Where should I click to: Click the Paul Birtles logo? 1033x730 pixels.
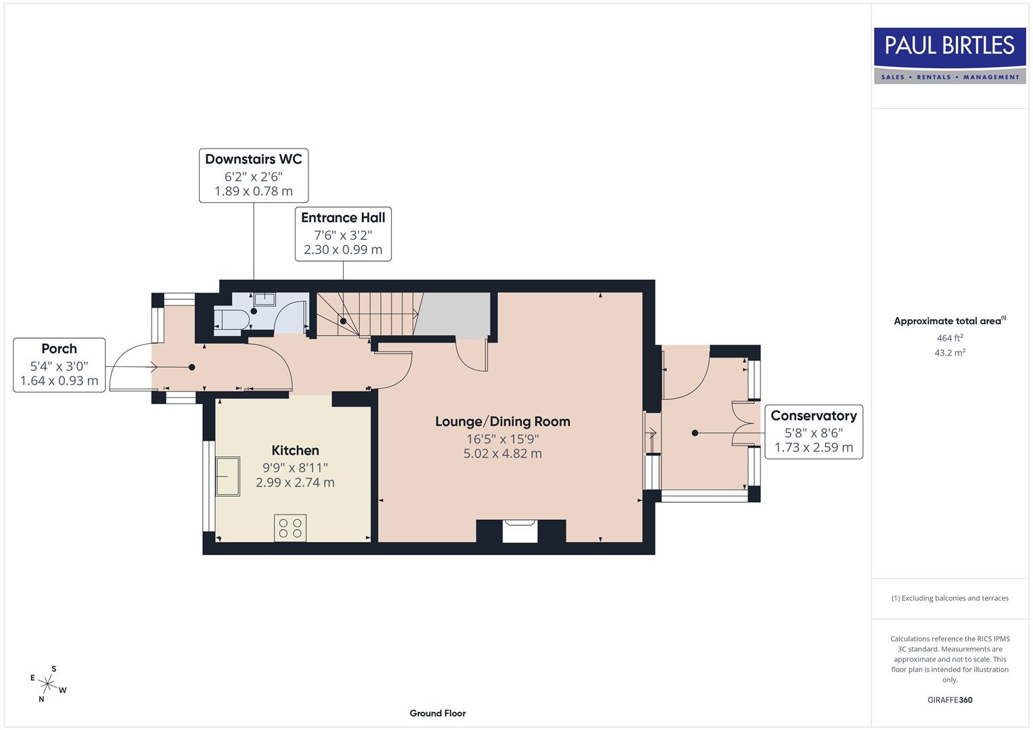point(950,55)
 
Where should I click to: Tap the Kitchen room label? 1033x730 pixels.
point(295,450)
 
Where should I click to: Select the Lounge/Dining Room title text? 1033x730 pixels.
point(503,421)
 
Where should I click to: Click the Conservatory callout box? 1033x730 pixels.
point(813,431)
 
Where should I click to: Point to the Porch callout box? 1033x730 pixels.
point(60,364)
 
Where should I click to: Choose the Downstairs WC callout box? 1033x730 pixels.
point(254,175)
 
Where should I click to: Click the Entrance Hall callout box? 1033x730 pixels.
point(343,233)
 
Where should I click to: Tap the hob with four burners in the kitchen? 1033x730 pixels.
point(290,528)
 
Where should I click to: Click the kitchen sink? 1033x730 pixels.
point(227,476)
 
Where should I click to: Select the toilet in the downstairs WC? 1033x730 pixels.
point(229,320)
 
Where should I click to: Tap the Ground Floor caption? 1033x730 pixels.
point(437,713)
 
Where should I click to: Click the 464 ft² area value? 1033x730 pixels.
point(949,338)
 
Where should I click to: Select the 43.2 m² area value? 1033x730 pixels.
point(949,352)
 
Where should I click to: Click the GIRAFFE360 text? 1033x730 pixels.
point(949,700)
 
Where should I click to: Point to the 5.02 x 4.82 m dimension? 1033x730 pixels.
point(503,454)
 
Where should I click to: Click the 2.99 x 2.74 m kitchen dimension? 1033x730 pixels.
point(295,483)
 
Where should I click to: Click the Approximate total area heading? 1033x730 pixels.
point(949,321)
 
